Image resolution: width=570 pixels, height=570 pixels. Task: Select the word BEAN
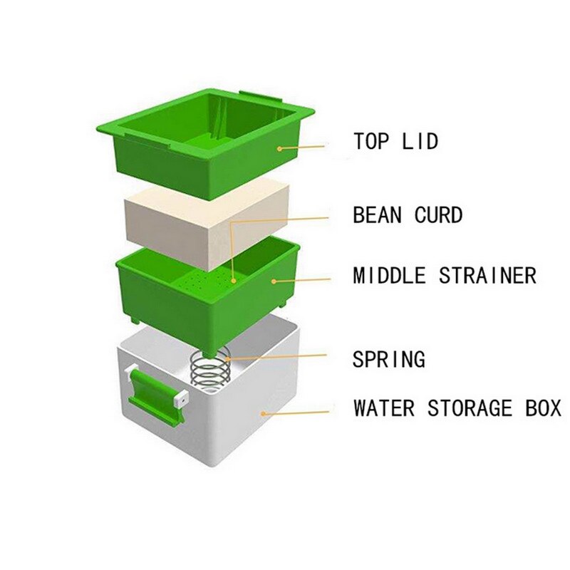pyautogui.click(x=378, y=215)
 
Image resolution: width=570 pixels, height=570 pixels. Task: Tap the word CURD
pyautogui.click(x=438, y=215)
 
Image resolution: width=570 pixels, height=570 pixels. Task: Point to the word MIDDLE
pyautogui.click(x=389, y=275)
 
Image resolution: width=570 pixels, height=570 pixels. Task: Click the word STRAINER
pyautogui.click(x=487, y=275)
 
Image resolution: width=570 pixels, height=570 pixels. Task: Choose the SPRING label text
pyautogui.click(x=388, y=359)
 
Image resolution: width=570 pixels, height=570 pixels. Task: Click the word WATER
pyautogui.click(x=384, y=408)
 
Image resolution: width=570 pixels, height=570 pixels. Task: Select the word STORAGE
pyautogui.click(x=470, y=408)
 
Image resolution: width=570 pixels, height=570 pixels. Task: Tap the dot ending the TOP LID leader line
pyautogui.click(x=279, y=148)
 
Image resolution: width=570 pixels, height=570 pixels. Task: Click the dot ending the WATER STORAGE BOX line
pyautogui.click(x=264, y=413)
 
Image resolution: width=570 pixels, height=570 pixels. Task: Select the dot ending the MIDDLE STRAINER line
pyautogui.click(x=274, y=281)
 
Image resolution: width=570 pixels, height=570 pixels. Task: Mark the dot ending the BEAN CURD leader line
pyautogui.click(x=234, y=281)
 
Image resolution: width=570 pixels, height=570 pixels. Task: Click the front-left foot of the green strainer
pyautogui.click(x=135, y=321)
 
